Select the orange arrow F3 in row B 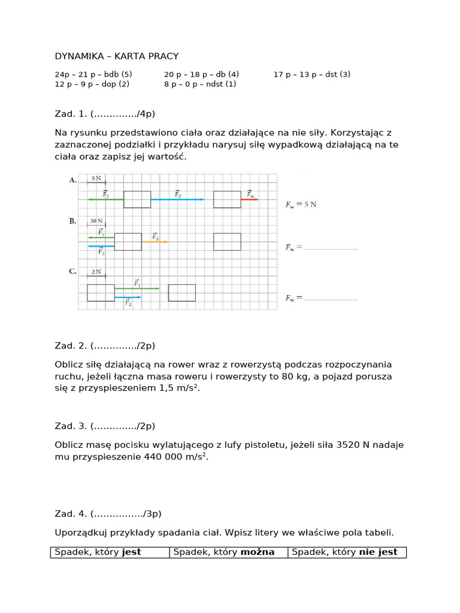[x=155, y=242]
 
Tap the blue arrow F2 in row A [x=177, y=199]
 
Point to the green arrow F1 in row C [x=137, y=289]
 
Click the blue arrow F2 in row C [x=128, y=298]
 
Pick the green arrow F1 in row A [x=106, y=199]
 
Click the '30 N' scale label [x=96, y=221]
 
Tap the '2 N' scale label [x=96, y=272]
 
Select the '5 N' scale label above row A [x=96, y=178]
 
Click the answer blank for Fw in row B [x=331, y=248]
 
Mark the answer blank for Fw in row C [x=331, y=298]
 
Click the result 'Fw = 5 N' [x=301, y=204]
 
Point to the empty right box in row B [x=227, y=242]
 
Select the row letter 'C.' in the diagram [x=72, y=271]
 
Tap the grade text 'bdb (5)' [x=118, y=74]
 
